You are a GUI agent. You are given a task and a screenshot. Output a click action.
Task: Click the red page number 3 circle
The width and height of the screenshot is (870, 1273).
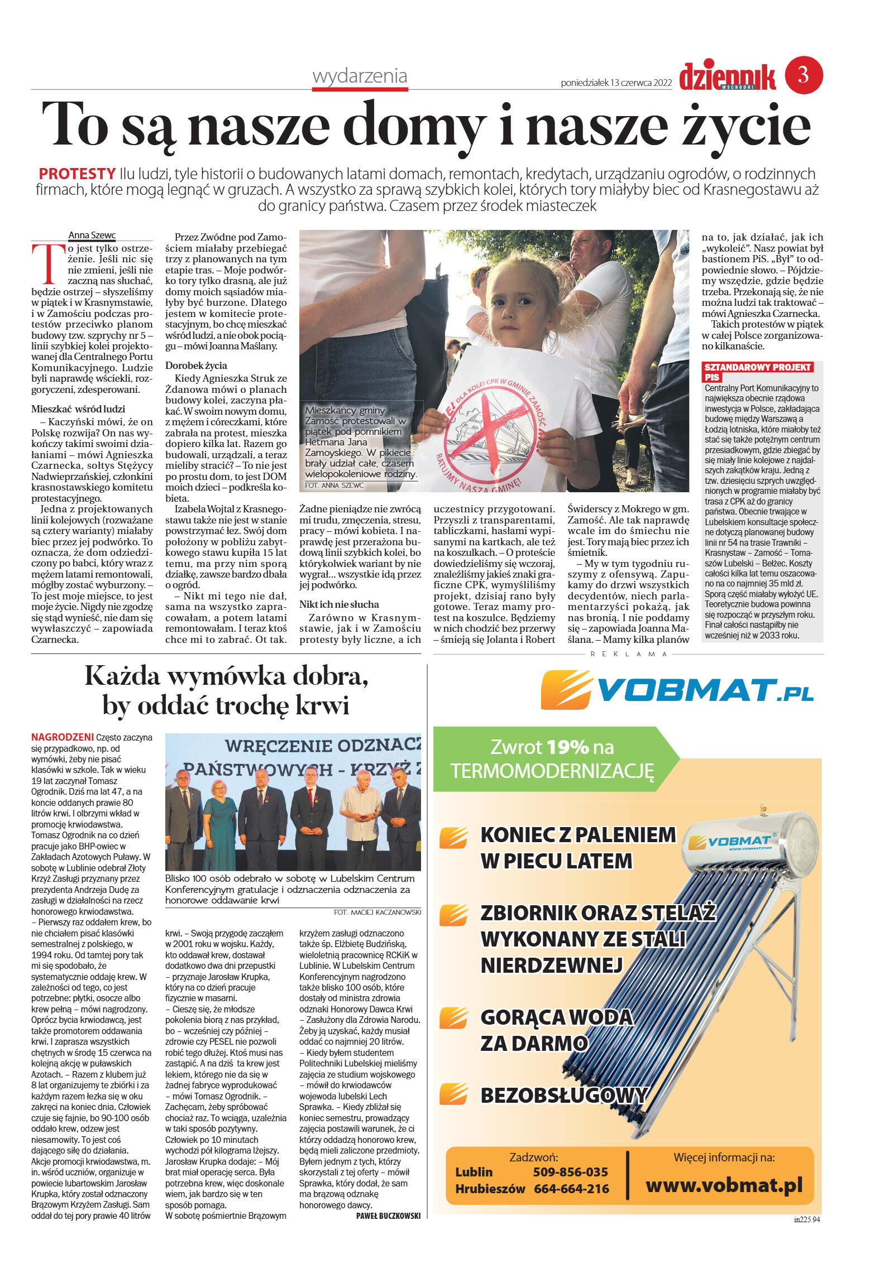(804, 75)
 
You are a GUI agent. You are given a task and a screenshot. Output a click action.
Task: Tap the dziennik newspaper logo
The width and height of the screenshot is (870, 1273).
(727, 76)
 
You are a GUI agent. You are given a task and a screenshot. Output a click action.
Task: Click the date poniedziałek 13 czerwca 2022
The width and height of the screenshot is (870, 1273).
(616, 83)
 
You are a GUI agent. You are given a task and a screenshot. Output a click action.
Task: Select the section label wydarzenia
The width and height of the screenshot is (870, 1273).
(360, 76)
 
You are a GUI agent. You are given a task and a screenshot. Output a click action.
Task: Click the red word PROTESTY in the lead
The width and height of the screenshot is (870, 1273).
(77, 174)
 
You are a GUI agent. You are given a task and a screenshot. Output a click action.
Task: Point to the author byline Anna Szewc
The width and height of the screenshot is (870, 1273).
(92, 235)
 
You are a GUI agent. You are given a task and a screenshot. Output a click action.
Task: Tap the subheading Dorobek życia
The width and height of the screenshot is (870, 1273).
(196, 366)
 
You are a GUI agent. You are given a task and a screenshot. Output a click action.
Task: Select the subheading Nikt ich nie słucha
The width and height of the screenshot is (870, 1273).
(339, 604)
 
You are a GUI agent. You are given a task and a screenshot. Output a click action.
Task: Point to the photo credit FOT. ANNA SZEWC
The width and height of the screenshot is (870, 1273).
(334, 486)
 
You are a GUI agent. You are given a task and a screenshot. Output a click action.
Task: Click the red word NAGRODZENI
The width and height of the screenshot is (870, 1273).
(62, 737)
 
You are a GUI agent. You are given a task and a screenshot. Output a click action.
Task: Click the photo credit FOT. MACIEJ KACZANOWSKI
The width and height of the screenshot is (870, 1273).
(377, 912)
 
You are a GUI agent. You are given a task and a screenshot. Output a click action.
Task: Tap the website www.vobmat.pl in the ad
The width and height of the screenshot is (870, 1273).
(724, 1184)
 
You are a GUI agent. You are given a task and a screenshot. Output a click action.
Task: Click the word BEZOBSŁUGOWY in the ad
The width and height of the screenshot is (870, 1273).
(563, 1096)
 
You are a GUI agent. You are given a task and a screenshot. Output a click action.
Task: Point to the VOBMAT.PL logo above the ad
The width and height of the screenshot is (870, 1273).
(677, 691)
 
